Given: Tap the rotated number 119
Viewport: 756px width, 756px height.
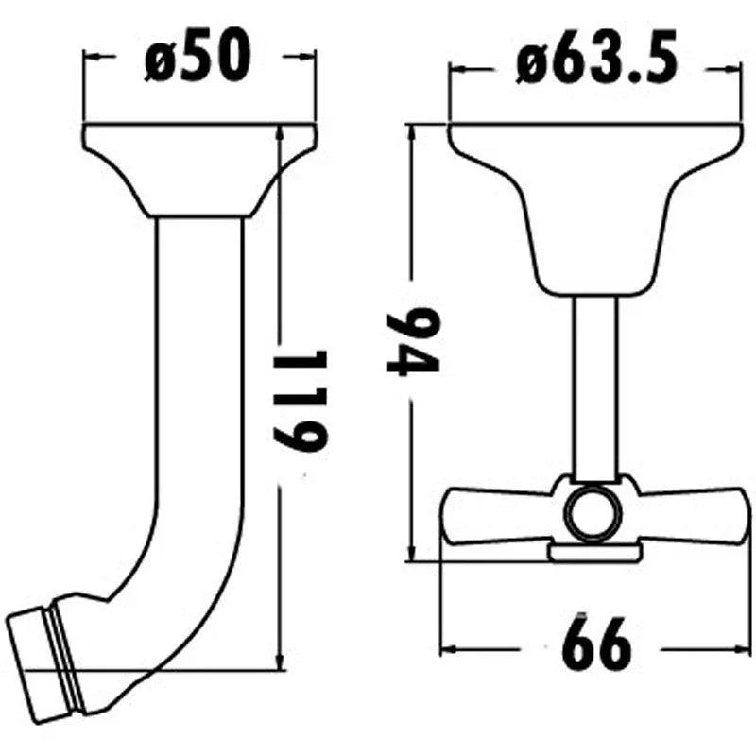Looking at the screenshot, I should pos(301,399).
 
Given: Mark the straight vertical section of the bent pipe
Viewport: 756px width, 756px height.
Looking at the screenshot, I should pos(199,378).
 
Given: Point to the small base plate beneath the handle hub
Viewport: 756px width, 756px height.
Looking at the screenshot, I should pos(593,551).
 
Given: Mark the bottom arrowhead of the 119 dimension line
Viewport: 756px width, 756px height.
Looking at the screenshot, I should pos(279,661).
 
